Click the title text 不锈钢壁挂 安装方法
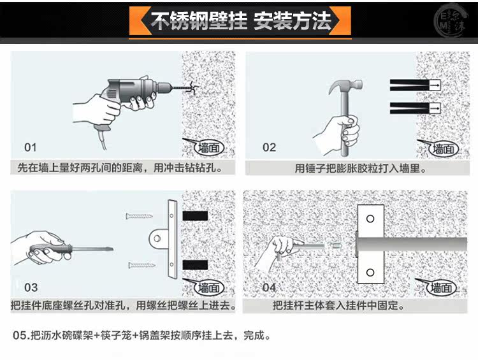241,21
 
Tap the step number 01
31,147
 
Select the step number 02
270,147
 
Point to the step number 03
31,287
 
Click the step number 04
270,287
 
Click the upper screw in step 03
140,217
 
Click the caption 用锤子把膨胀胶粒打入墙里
360,169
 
